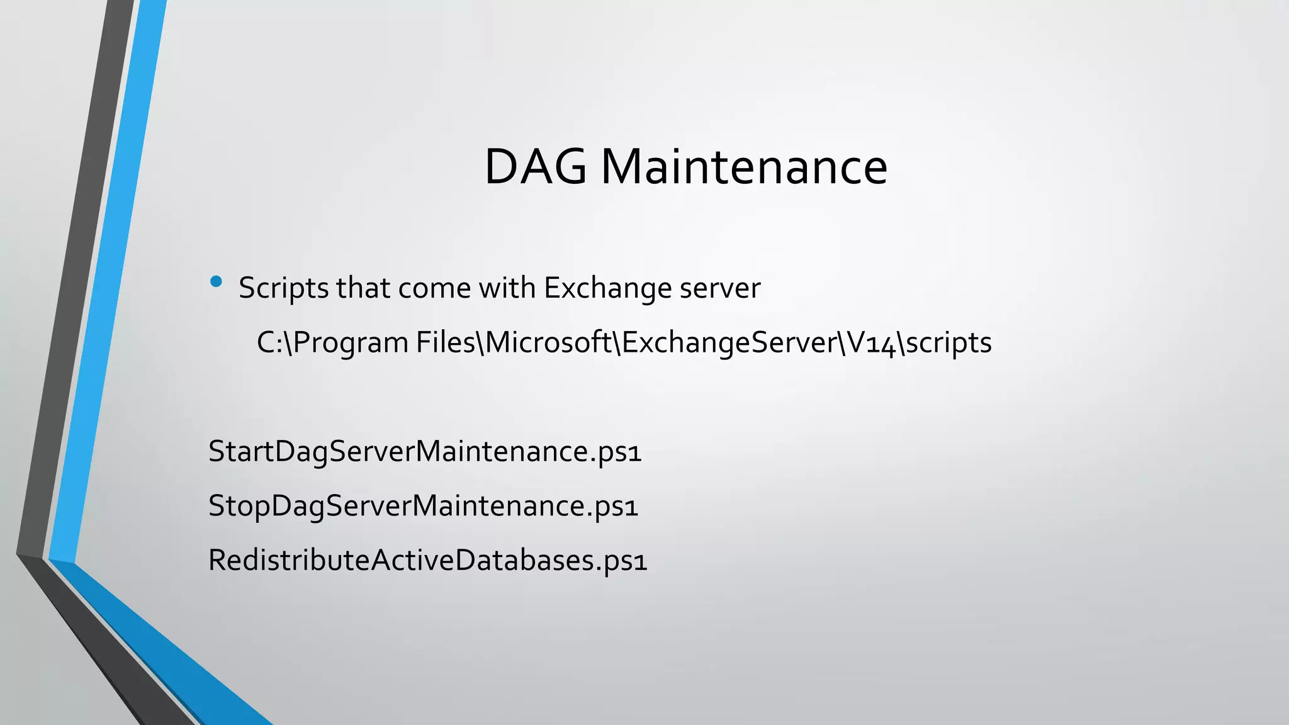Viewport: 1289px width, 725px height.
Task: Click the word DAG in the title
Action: pyautogui.click(x=535, y=167)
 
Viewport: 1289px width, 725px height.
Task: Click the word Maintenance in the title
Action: pyautogui.click(x=744, y=167)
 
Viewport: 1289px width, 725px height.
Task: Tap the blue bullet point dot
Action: pyautogui.click(x=217, y=282)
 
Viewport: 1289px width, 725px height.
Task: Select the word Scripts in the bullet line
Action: pyautogui.click(x=284, y=289)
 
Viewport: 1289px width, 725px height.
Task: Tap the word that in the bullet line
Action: pyautogui.click(x=363, y=289)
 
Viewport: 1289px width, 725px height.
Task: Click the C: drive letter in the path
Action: pyautogui.click(x=269, y=343)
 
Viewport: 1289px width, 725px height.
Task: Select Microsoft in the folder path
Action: pyautogui.click(x=549, y=343)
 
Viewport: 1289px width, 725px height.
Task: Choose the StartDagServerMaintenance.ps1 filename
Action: pyautogui.click(x=425, y=452)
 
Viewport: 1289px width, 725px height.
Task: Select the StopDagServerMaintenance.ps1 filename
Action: pyautogui.click(x=423, y=506)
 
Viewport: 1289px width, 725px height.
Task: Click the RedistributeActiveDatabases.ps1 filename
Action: pyautogui.click(x=427, y=560)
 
